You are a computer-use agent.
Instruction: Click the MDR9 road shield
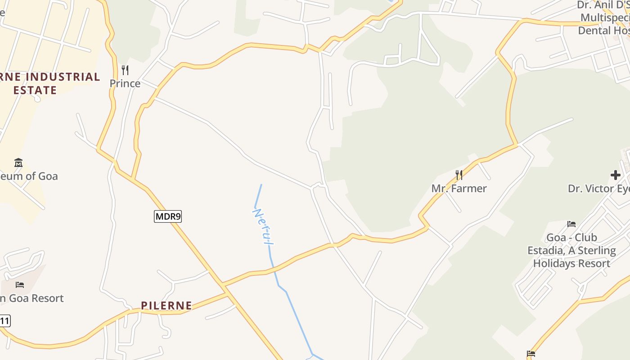coord(168,216)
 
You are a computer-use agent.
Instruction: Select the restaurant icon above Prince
coord(125,70)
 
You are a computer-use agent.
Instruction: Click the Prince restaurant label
coord(125,84)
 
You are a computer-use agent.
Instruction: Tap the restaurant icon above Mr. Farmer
coord(459,175)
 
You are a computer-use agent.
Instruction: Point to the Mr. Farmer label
coord(459,189)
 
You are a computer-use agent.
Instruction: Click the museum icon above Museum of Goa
coord(18,162)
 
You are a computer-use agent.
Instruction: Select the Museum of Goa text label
coord(29,176)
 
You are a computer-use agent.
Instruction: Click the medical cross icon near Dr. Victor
coord(616,175)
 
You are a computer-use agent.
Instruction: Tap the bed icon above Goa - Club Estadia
coord(571,224)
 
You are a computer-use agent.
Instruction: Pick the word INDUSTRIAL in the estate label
coord(62,77)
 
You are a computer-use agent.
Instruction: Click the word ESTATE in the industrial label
coord(35,90)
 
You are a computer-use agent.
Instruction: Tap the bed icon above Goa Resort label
coord(20,284)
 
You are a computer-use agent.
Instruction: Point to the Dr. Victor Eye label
coord(598,189)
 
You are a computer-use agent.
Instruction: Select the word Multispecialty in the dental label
coord(605,18)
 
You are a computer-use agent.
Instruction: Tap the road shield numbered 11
coord(4,321)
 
